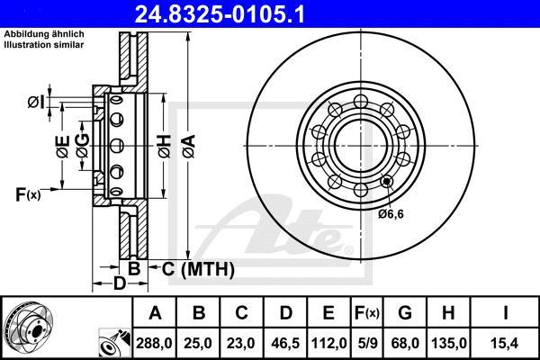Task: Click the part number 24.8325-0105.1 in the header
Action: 220,14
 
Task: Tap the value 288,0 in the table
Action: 154,343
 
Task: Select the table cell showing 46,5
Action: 285,343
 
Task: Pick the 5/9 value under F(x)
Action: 367,343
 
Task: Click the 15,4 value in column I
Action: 505,343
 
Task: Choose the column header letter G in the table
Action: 405,313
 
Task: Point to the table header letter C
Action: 241,313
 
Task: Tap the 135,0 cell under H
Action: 448,343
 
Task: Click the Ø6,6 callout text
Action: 391,214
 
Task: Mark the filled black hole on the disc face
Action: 387,181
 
